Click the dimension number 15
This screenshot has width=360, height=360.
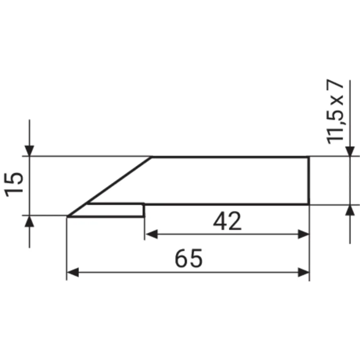tap(14, 184)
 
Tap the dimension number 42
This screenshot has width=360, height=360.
tap(227, 221)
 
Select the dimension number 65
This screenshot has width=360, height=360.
tap(189, 258)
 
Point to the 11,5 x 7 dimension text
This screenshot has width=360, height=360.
tap(335, 112)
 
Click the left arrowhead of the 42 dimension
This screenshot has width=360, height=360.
tap(152, 234)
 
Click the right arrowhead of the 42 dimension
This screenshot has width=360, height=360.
tap(303, 234)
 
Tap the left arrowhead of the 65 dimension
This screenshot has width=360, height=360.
tap(73, 272)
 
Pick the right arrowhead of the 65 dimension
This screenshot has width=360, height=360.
tap(303, 272)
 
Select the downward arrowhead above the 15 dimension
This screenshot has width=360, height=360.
tap(30, 150)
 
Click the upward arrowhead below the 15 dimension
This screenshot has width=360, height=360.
tap(30, 221)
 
